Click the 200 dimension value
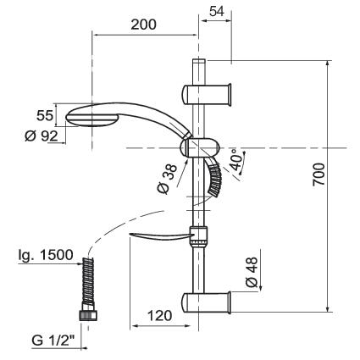click(143, 25)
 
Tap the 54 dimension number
click(217, 11)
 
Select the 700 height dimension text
click(319, 174)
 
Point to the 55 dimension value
click(45, 116)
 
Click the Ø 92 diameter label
click(42, 136)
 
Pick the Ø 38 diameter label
click(167, 180)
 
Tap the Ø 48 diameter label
click(252, 272)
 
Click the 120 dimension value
click(160, 316)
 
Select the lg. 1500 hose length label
click(46, 255)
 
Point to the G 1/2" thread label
click(53, 341)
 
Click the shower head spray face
click(91, 120)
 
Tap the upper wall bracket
click(207, 95)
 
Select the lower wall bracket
click(206, 302)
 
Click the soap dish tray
click(160, 236)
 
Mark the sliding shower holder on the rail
click(200, 147)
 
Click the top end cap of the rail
click(199, 61)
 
